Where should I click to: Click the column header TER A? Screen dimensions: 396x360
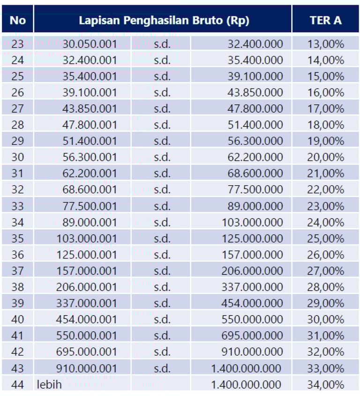pos(326,20)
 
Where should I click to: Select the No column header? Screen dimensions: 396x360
pos(17,20)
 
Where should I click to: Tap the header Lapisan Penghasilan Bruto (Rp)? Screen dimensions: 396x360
pos(164,20)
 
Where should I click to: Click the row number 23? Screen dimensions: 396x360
pos(17,44)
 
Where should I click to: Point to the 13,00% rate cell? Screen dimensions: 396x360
pos(326,44)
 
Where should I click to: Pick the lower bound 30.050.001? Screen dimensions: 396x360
pos(90,44)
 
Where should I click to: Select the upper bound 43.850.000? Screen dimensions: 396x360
pos(255,92)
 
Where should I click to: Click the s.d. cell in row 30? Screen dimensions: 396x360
pos(162,157)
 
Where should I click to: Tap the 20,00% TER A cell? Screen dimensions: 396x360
pos(326,157)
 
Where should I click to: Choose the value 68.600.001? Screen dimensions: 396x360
pos(90,190)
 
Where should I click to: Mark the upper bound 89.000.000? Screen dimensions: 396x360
pos(255,206)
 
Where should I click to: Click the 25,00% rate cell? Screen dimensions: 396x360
pos(326,238)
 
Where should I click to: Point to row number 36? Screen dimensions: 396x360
pos(17,255)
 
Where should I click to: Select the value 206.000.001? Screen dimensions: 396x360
pos(86,287)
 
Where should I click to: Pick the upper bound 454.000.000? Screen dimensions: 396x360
pos(252,303)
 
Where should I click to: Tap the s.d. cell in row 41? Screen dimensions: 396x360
pos(162,335)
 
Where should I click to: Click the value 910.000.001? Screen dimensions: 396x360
pos(86,368)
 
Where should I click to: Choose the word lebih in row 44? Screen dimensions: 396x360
pos(50,385)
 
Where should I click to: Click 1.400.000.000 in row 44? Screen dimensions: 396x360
pos(246,385)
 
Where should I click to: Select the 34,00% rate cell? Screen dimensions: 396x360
pos(326,385)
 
